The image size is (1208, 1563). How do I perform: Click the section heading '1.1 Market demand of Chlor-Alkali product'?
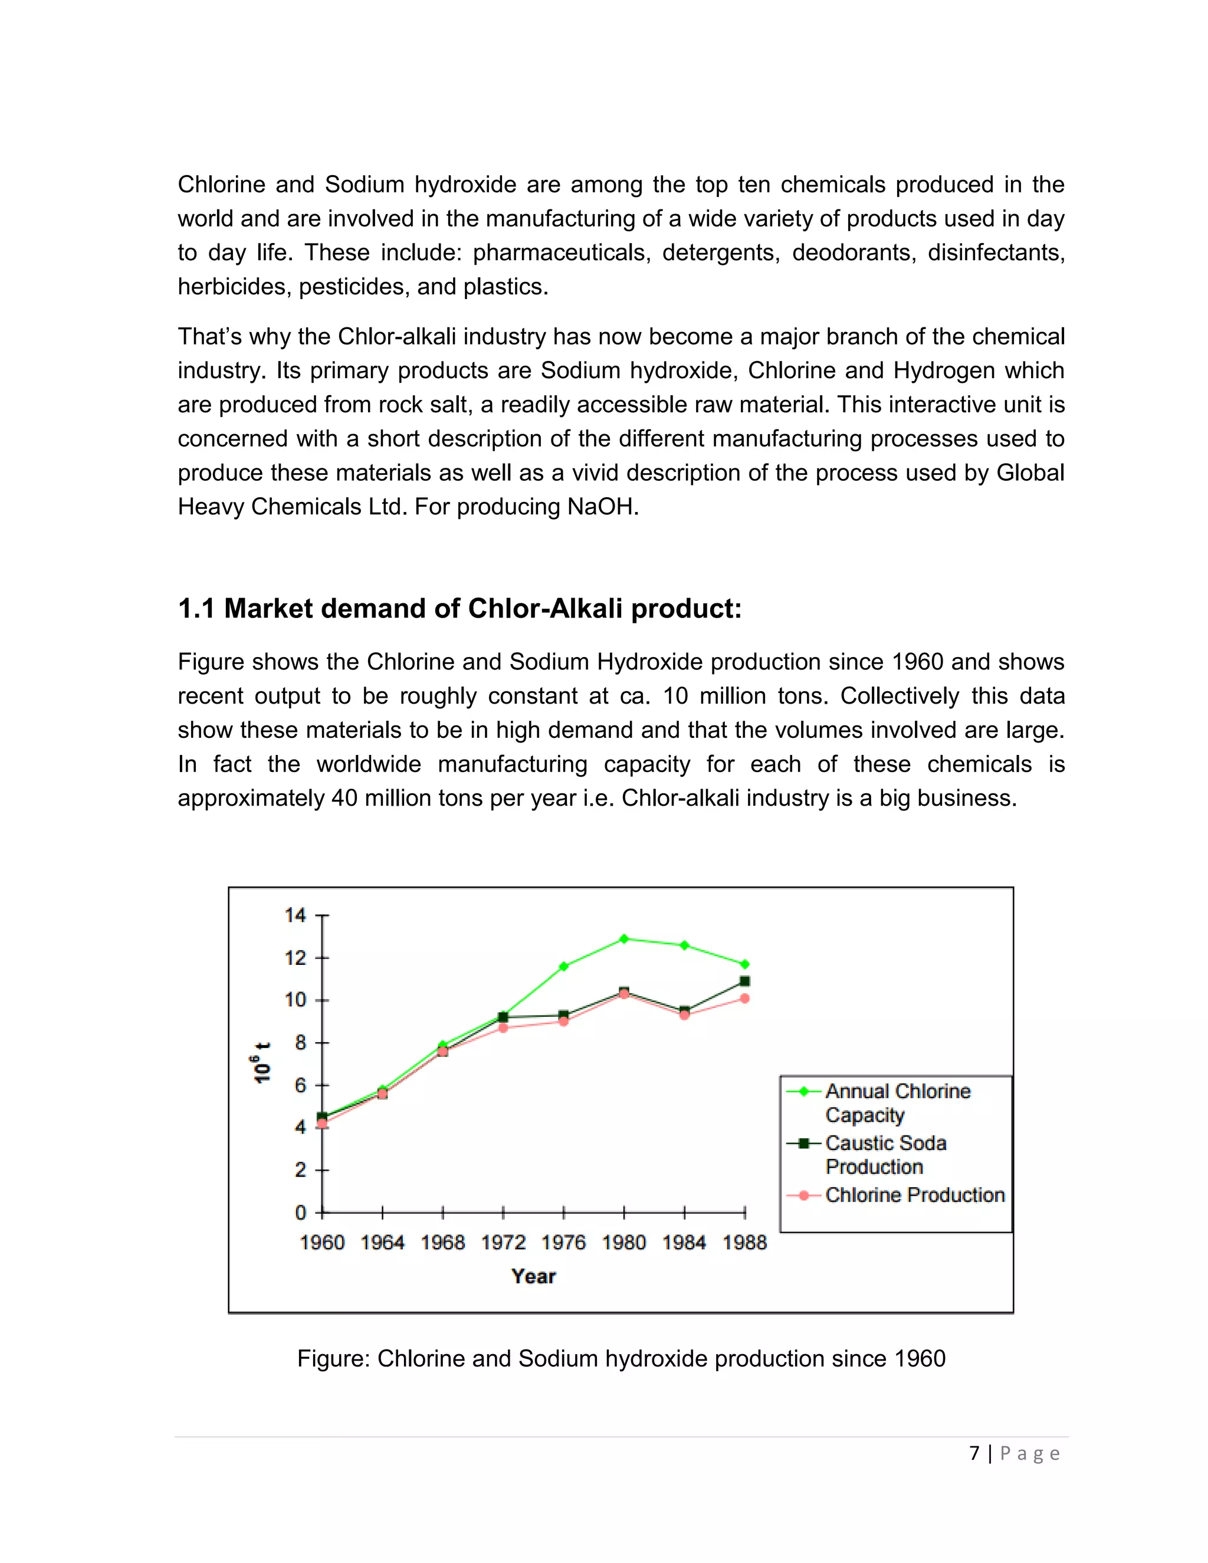pos(459,609)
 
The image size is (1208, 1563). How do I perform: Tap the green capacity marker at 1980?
pos(624,938)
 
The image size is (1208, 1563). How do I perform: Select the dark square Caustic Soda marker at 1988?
pos(745,981)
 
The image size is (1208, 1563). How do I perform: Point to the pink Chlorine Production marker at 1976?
pos(564,1021)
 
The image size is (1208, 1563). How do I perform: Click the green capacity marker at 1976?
pos(564,966)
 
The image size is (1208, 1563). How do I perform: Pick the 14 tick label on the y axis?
pos(295,915)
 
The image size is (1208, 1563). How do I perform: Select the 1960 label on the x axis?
pos(322,1242)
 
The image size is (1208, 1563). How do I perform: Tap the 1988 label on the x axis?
pos(744,1242)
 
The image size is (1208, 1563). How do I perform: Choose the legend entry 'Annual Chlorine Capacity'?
pos(897,1103)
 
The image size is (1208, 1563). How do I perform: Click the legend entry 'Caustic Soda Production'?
pos(885,1154)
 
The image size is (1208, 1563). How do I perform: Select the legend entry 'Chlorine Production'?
pos(915,1195)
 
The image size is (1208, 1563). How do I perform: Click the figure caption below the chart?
pos(621,1358)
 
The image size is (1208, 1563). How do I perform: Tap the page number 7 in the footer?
pos(974,1453)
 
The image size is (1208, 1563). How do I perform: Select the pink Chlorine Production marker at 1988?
pos(745,999)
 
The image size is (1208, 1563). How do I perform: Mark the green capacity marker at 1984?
pos(685,945)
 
